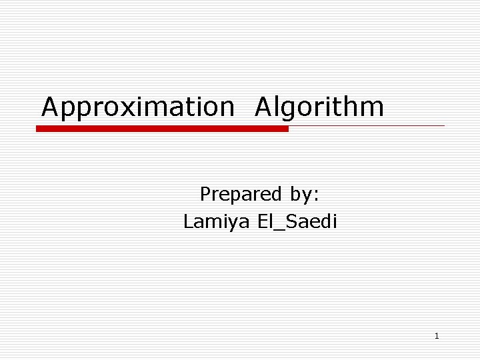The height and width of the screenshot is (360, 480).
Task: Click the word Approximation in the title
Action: pyautogui.click(x=138, y=107)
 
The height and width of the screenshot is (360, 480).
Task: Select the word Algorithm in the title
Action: pyautogui.click(x=319, y=107)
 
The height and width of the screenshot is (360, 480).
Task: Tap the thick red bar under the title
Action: pyautogui.click(x=162, y=129)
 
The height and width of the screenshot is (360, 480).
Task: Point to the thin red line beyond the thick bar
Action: pyautogui.click(x=367, y=125)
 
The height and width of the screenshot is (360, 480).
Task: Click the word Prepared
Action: pyautogui.click(x=241, y=194)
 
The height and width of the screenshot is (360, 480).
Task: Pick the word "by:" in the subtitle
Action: pyautogui.click(x=305, y=195)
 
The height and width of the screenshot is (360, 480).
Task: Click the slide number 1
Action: pyautogui.click(x=437, y=336)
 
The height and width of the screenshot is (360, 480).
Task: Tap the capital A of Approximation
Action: pyautogui.click(x=51, y=107)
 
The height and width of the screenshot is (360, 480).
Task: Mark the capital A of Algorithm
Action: pyautogui.click(x=264, y=107)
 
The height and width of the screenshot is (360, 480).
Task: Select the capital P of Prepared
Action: pyautogui.click(x=205, y=194)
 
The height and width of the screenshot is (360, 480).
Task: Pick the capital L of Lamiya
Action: pyautogui.click(x=188, y=221)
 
